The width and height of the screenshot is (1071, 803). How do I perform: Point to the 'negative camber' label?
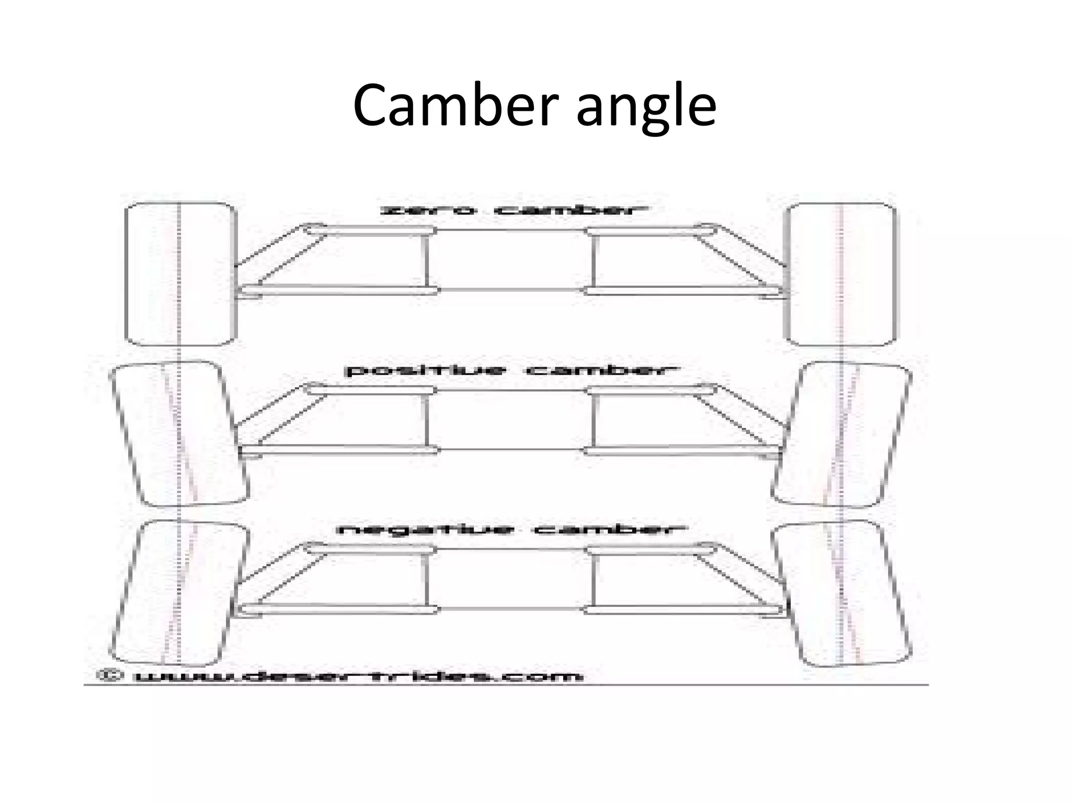(510, 530)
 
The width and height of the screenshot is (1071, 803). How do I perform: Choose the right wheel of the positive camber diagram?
(841, 434)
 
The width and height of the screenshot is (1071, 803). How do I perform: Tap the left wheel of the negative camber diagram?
(179, 593)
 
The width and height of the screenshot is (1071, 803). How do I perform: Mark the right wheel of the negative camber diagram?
(841, 593)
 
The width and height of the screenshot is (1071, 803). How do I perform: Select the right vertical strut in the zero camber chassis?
(594, 260)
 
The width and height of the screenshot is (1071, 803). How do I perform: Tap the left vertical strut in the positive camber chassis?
(427, 420)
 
